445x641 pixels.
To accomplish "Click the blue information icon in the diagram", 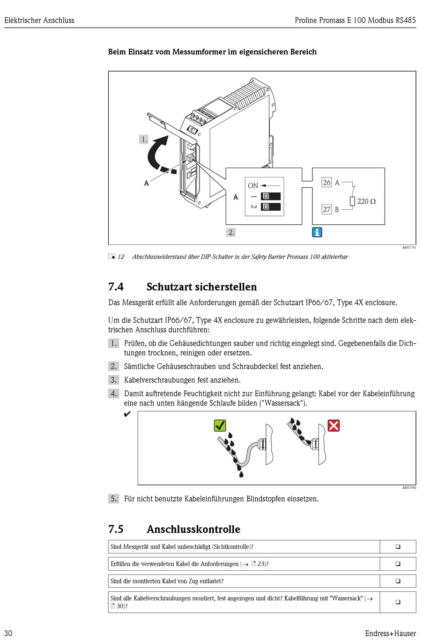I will (317, 232).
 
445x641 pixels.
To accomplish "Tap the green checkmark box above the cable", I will (220, 426).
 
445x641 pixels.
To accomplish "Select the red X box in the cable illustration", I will (334, 426).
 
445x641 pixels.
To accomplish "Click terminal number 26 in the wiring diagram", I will (326, 183).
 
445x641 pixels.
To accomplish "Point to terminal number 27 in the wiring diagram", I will (326, 209).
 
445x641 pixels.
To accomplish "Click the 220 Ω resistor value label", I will (366, 201).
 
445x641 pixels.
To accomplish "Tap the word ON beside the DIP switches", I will (253, 185).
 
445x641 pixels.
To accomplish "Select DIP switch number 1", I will (271, 196).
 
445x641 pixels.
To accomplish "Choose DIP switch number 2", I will (271, 206).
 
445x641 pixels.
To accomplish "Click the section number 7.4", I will (116, 287).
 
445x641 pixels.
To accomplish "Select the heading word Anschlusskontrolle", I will (193, 529).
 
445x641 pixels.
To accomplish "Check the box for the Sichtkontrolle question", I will (398, 546).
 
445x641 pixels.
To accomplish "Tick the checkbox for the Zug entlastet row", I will (398, 581).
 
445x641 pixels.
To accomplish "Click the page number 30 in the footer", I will (8, 633).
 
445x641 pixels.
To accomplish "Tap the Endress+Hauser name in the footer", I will (390, 633).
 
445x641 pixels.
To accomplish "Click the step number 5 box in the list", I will (113, 499).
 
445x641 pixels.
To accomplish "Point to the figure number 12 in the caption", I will (121, 257).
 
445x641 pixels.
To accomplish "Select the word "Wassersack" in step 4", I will (283, 403).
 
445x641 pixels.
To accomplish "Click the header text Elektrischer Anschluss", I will (39, 20).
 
